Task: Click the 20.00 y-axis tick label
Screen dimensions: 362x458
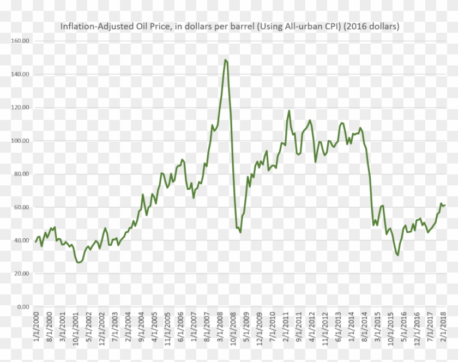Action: (21, 274)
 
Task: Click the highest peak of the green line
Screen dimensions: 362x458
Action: (225, 59)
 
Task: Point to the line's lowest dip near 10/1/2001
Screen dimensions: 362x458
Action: (79, 262)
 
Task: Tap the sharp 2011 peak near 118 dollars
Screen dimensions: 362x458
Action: (289, 111)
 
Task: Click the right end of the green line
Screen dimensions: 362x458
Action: (445, 205)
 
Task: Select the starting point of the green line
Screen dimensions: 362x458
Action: (36, 242)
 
